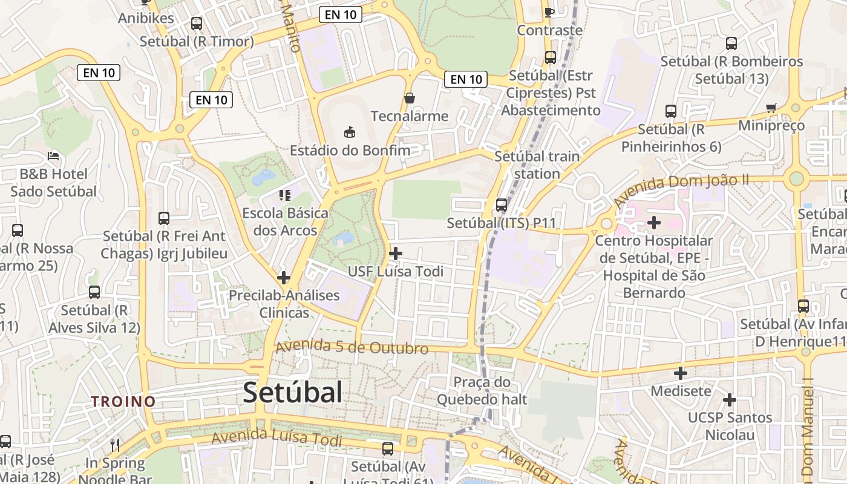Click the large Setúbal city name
293,393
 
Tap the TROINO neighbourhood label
123,401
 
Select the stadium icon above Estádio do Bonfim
349,131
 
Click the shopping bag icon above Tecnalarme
410,97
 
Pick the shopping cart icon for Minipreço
771,108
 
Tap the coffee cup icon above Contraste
549,12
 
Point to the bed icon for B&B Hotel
53,155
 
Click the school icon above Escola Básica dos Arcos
284,195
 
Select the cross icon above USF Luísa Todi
396,253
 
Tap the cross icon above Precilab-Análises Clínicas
284,278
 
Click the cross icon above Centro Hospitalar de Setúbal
653,223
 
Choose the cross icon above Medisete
681,373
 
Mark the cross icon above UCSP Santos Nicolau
730,399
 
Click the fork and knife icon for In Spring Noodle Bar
115,446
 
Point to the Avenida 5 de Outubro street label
352,348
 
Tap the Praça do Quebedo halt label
482,391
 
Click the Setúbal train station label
537,165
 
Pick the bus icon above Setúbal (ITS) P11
502,205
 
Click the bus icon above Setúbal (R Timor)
197,24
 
